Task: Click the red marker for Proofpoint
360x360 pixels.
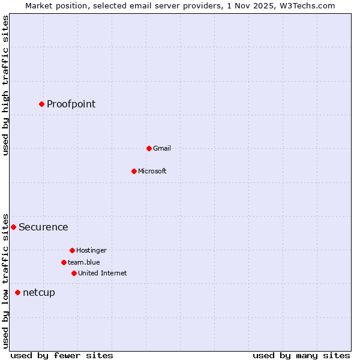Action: coord(41,104)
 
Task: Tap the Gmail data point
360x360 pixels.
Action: coord(149,148)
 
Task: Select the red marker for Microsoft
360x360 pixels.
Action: coord(134,171)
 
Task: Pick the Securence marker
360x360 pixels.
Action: coord(13,227)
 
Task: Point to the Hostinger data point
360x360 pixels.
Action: coord(72,250)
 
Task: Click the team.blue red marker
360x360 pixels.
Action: coord(64,262)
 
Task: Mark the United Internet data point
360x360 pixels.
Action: coord(74,273)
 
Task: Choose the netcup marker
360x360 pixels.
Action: coord(17,292)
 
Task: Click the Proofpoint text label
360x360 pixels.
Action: coord(71,104)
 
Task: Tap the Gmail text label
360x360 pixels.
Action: coord(162,148)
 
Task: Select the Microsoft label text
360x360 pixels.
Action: coord(152,171)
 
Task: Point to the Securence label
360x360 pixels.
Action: coord(43,227)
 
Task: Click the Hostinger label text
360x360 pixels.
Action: coord(91,250)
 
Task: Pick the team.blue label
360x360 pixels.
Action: coord(84,262)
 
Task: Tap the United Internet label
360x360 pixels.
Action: coord(103,273)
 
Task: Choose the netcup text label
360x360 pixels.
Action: coord(39,293)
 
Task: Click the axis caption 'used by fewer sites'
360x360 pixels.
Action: coord(62,355)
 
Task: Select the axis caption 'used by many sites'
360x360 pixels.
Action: coord(301,355)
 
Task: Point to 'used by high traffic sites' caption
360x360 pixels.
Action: coord(6,85)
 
